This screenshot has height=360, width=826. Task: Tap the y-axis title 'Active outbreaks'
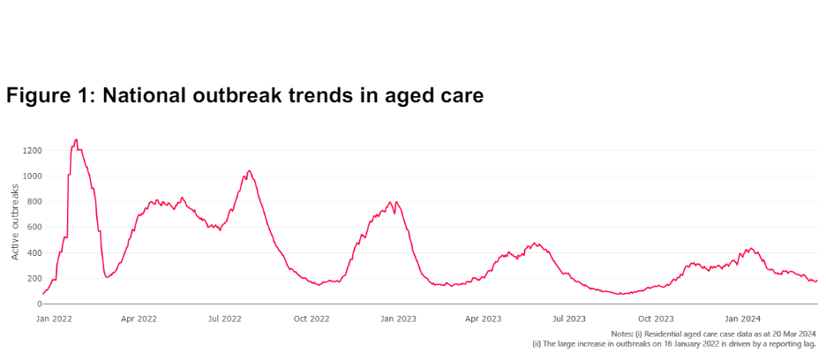point(15,222)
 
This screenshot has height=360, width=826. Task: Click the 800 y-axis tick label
point(33,202)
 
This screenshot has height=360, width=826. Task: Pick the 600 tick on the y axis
point(33,228)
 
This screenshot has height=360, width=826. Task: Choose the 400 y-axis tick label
point(33,253)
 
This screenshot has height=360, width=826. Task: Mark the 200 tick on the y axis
point(33,279)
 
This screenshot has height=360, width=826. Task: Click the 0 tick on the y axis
point(37,304)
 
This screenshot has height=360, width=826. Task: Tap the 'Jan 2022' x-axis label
point(53,318)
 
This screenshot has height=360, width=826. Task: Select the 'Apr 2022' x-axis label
point(139,318)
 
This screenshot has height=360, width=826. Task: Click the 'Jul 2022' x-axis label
point(225,318)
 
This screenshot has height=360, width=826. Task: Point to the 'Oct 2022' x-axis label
point(312,318)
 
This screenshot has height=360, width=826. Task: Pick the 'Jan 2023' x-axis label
point(399,318)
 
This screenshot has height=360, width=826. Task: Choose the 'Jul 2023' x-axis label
point(569,318)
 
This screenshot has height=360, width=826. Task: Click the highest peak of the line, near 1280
point(76,139)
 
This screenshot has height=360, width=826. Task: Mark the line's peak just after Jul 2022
point(249,170)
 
